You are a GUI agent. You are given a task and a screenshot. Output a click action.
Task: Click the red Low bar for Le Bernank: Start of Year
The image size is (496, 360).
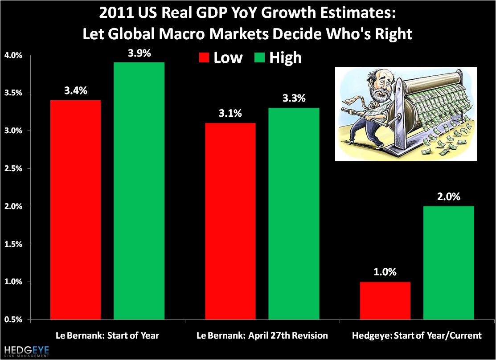(x=75, y=209)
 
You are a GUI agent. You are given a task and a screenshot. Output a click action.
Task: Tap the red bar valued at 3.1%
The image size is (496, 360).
(x=230, y=221)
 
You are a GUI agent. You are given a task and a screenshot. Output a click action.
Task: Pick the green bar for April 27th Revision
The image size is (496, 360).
(x=294, y=213)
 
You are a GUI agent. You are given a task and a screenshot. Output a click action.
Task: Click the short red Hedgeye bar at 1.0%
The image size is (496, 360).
(x=385, y=300)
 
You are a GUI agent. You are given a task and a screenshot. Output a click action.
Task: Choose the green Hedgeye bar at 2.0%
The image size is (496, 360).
(x=449, y=263)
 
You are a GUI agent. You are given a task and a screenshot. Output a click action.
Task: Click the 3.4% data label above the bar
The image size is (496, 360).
(x=75, y=91)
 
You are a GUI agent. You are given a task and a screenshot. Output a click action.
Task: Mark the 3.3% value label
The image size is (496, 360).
(x=294, y=99)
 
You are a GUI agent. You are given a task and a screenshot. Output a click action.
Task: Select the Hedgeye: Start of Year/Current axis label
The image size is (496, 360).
(x=417, y=335)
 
